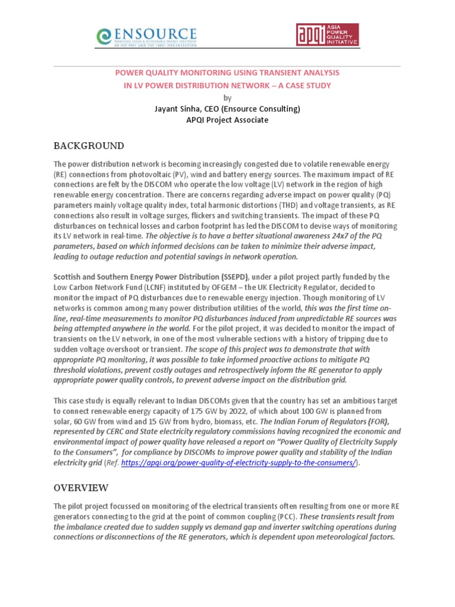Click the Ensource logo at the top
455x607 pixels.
coord(146,36)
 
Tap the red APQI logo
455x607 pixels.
coord(327,35)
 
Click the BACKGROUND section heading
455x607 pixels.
coord(89,146)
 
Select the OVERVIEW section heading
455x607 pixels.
coord(81,488)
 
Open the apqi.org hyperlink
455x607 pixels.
coord(239,462)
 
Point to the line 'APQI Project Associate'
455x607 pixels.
coord(227,120)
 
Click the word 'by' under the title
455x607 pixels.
coord(227,98)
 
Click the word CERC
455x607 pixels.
coord(113,432)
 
